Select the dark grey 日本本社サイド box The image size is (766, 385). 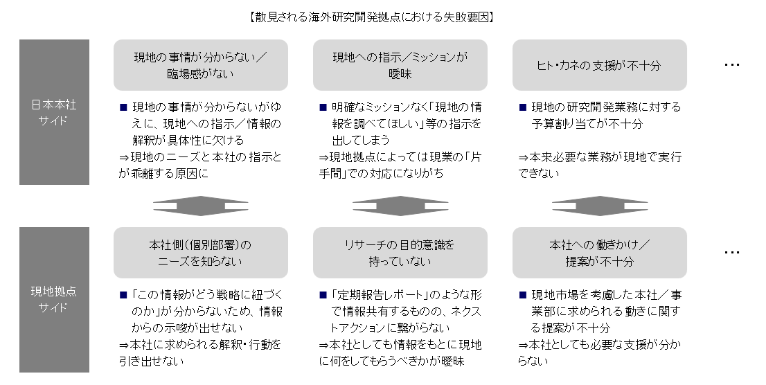[54, 112]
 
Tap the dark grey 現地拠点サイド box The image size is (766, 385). [54, 300]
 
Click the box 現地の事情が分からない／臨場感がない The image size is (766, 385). [201, 65]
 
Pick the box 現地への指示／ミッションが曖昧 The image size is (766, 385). [400, 65]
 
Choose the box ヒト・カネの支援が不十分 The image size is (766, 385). [600, 65]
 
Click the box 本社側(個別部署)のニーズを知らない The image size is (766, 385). [201, 253]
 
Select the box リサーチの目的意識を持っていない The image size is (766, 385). [400, 253]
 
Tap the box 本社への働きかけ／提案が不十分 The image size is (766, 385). [600, 253]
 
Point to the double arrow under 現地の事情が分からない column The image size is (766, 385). [201, 206]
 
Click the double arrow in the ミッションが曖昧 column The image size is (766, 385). [400, 206]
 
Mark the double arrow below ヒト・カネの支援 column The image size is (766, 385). [600, 206]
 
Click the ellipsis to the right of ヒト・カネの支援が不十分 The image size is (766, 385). [732, 65]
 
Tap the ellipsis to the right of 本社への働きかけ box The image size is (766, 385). [732, 253]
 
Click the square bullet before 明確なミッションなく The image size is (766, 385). [323, 108]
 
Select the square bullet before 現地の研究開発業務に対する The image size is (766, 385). [522, 108]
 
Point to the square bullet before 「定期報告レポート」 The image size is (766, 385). [323, 295]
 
